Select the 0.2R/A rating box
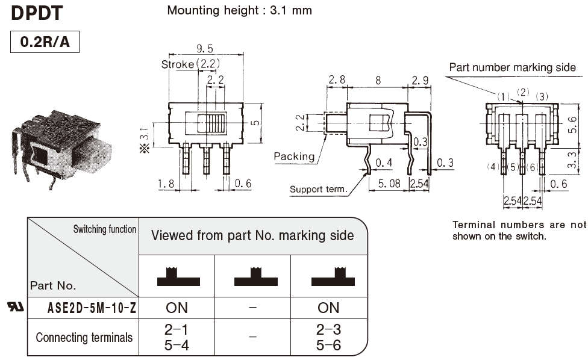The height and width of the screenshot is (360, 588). point(45,43)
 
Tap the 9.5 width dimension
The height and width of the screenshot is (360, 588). point(205,49)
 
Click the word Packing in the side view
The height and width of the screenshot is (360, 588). point(294,157)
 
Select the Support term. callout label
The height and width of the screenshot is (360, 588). point(319,189)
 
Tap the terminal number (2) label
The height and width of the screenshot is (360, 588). point(523,92)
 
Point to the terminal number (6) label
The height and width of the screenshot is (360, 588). point(532,167)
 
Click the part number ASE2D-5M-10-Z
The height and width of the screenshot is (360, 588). point(92,308)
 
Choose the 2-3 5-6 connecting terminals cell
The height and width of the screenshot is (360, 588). point(328,337)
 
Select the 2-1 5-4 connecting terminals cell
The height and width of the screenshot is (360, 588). point(177,337)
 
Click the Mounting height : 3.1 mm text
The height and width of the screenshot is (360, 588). point(240,10)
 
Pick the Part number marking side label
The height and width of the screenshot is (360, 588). point(512,67)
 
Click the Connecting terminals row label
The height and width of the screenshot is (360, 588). point(84,337)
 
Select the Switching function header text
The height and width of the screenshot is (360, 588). point(105,229)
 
